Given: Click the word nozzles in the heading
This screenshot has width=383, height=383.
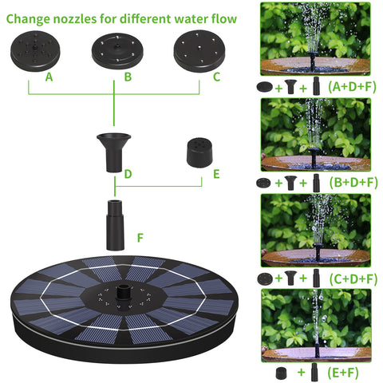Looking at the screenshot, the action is (x=71, y=19).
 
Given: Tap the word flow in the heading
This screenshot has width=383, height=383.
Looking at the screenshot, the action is (x=223, y=18).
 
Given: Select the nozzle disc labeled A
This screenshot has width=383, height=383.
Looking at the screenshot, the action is (x=35, y=51).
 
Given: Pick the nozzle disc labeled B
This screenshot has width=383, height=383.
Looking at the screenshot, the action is (x=117, y=51).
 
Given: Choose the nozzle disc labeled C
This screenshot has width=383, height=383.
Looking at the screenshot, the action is (x=199, y=50).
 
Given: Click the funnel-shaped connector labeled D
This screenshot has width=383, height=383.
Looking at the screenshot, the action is (x=114, y=152).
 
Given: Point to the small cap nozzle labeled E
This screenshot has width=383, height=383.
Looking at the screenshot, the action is (x=199, y=152).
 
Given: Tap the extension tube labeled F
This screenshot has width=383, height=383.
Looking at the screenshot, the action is (x=116, y=225).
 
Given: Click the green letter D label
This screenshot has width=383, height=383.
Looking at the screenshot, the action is (x=128, y=174).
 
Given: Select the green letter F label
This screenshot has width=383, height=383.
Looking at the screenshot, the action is (x=140, y=238).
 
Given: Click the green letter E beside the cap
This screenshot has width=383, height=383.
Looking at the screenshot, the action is (x=216, y=174).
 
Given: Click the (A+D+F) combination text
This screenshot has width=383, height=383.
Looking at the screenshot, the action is (x=352, y=87).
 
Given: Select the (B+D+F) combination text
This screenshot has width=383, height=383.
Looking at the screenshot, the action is (x=353, y=183).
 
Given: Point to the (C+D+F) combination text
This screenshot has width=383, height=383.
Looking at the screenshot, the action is (x=353, y=278).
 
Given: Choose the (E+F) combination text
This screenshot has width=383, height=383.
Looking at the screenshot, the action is (x=343, y=373).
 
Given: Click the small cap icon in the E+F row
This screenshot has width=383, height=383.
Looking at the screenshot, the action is (x=282, y=373).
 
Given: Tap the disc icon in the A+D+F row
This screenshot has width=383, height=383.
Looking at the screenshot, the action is (x=265, y=87).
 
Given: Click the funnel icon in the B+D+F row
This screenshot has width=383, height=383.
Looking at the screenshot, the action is (x=290, y=183).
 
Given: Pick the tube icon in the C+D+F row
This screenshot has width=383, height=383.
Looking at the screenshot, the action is (x=316, y=278).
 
